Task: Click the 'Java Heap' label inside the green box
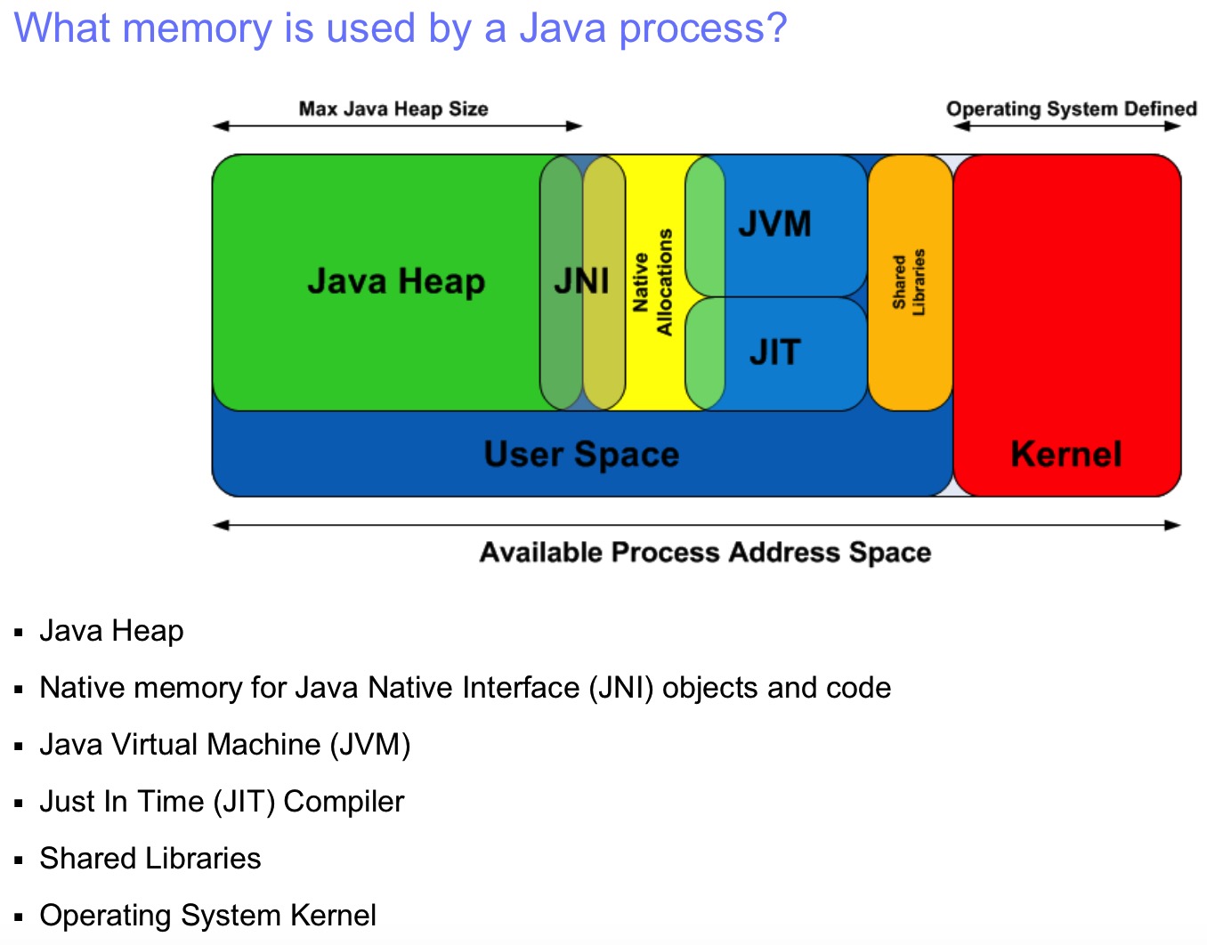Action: coord(396,281)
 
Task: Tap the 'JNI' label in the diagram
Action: coord(581,281)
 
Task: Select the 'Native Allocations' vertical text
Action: coord(652,282)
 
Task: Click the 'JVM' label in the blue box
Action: coord(774,223)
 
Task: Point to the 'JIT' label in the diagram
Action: coord(774,352)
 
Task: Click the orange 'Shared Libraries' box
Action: coord(909,281)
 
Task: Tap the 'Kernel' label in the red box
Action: coord(1065,454)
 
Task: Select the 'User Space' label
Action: coord(581,454)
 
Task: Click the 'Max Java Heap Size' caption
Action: coord(393,109)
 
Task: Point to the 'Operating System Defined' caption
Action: coord(1071,109)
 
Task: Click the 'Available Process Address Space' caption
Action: coord(705,553)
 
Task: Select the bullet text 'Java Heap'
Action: coord(111,631)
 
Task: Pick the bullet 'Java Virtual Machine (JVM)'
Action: coord(224,745)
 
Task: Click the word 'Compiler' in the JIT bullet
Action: coord(344,802)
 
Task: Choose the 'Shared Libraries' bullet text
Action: coord(150,859)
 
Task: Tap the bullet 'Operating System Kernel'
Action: coord(207,916)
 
